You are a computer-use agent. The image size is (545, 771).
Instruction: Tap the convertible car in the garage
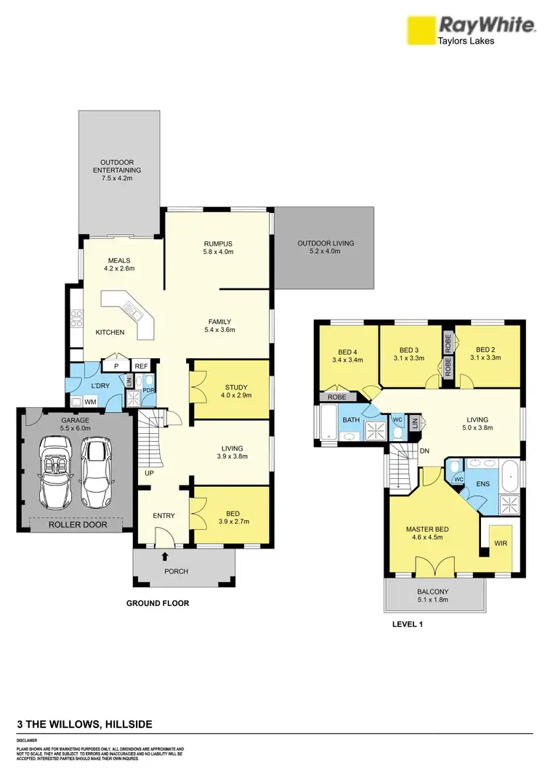(54, 472)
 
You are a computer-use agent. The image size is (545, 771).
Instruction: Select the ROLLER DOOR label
(77, 523)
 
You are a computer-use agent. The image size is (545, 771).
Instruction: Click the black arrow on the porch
(165, 557)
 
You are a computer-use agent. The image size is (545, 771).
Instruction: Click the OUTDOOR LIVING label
(326, 248)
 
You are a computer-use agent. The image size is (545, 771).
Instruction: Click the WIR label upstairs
(499, 543)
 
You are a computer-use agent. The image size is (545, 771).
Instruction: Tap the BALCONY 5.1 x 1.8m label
(433, 596)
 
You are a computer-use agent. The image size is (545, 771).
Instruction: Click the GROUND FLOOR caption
(158, 603)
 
